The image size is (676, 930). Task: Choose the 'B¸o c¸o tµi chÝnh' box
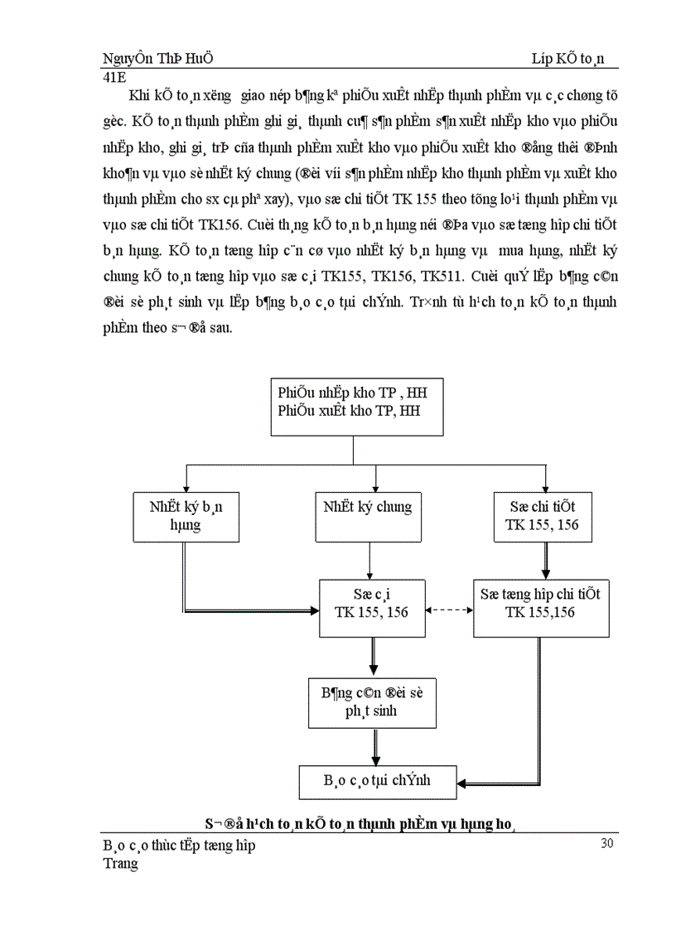click(377, 781)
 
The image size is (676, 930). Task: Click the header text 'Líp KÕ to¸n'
click(568, 60)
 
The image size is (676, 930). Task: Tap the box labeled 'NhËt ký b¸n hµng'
click(181, 515)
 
